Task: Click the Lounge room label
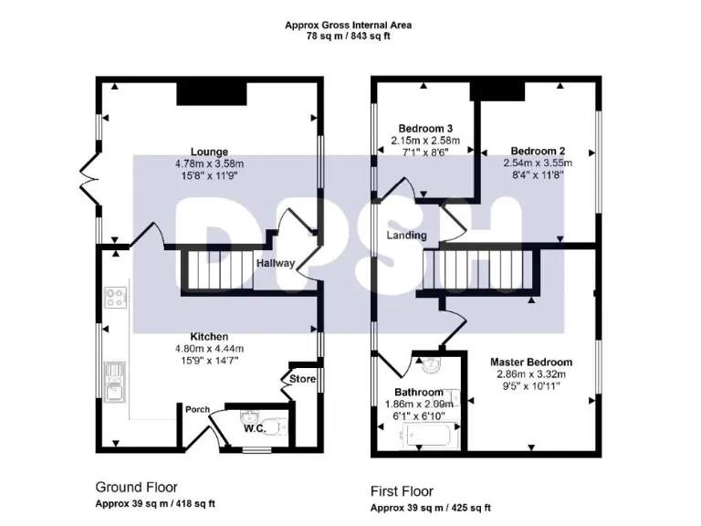coord(209,152)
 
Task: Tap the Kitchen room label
coord(209,336)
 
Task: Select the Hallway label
coord(275,263)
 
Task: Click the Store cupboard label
coord(302,378)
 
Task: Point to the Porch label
coord(198,408)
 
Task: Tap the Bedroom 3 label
coord(425,128)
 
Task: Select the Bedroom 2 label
coord(538,151)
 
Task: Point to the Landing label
coord(406,236)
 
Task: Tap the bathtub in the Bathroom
coord(426,440)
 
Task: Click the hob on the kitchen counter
coord(117,298)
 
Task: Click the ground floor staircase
coord(218,269)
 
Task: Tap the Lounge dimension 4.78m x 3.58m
coord(209,163)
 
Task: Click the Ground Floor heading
coord(136,488)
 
